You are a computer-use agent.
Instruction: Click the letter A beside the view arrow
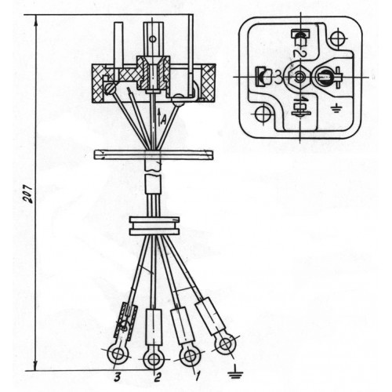[x=164, y=121]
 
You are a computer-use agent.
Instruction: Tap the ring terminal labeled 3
[x=119, y=354]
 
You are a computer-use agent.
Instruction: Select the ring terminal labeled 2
[x=154, y=360]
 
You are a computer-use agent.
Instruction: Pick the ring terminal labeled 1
[x=190, y=357]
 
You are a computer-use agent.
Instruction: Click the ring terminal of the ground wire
[x=226, y=345]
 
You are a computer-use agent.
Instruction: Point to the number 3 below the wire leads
[x=118, y=377]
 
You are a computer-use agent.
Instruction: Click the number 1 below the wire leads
[x=197, y=376]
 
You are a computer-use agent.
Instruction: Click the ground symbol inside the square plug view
[x=336, y=107]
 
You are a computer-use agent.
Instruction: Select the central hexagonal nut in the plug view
[x=299, y=77]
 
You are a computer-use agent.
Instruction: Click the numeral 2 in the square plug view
[x=298, y=53]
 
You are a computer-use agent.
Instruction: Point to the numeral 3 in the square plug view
[x=278, y=78]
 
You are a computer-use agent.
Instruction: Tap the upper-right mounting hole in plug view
[x=339, y=39]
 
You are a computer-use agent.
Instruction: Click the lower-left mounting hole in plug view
[x=263, y=114]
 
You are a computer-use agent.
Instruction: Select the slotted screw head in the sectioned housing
[x=111, y=89]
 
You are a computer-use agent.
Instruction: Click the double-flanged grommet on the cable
[x=154, y=226]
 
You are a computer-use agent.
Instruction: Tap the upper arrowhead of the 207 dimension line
[x=36, y=20]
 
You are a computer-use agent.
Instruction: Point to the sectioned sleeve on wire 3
[x=126, y=320]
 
